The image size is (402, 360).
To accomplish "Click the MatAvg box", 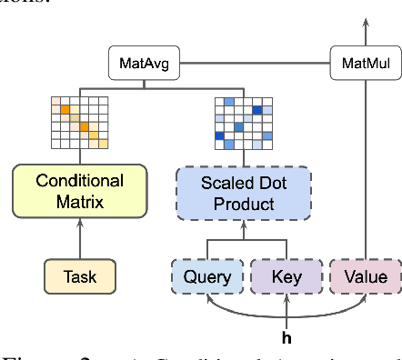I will click(145, 65).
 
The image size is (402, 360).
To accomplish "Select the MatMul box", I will click(364, 65).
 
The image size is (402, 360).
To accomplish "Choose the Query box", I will click(207, 276).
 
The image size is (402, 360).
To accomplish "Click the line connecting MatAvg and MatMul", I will click(255, 65).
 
